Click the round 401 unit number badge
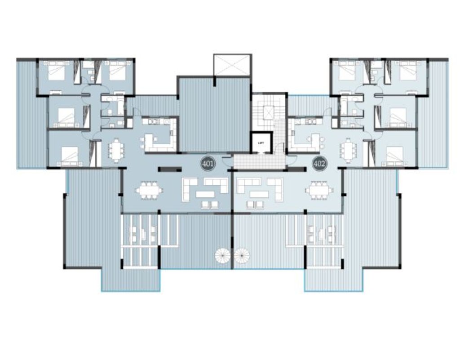click(208, 164)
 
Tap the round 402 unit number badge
click(319, 164)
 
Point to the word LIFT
click(261, 143)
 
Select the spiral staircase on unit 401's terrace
click(223, 256)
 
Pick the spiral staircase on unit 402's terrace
click(242, 256)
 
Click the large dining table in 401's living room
click(150, 191)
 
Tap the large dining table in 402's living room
click(319, 191)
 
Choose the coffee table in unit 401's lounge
click(205, 194)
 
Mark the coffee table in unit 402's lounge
click(259, 194)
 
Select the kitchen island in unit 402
click(316, 141)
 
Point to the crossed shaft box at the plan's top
click(232, 65)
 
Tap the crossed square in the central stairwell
click(269, 113)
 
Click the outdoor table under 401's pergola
click(143, 234)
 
